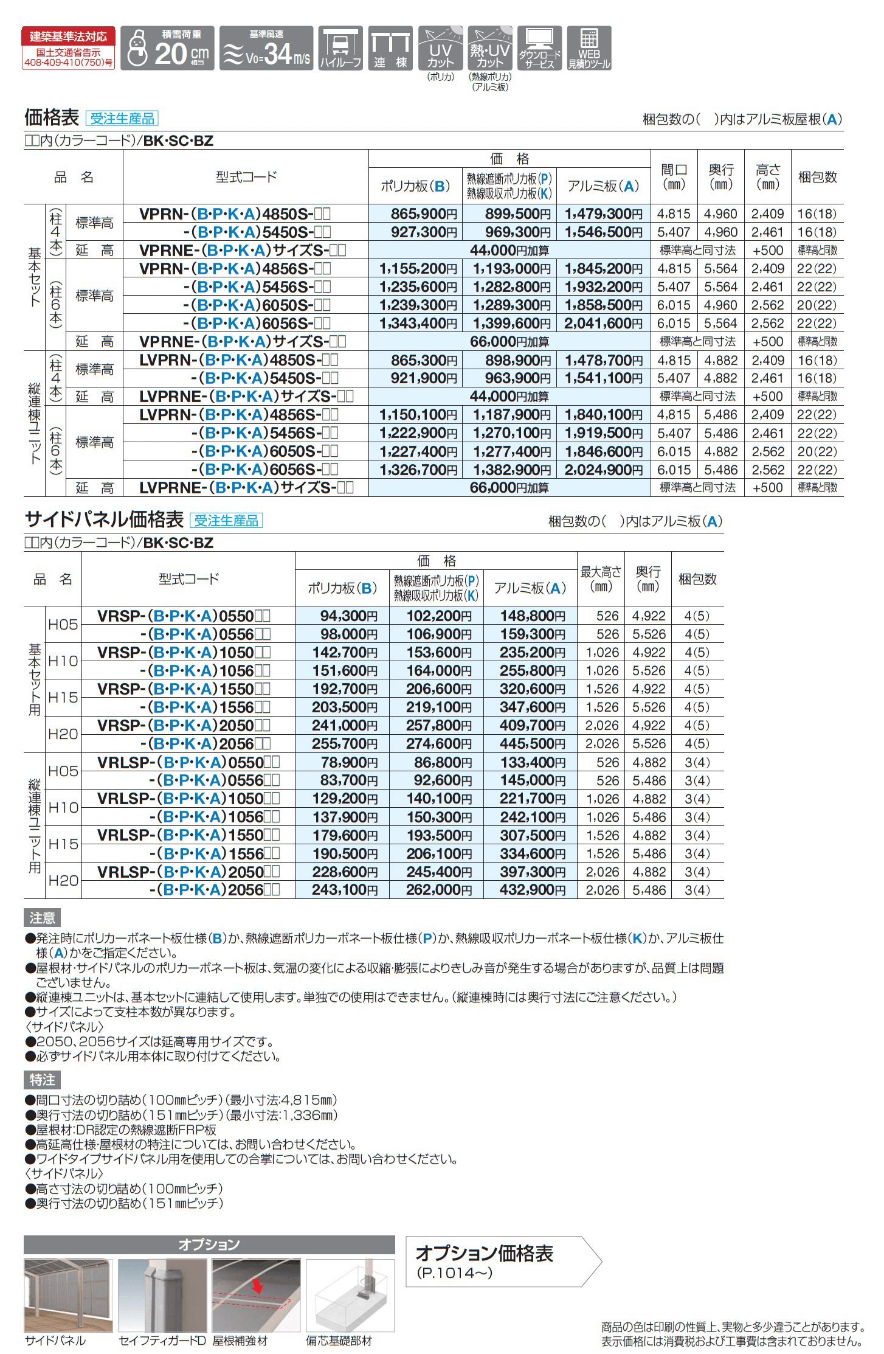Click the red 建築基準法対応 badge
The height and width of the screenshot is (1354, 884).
tap(68, 47)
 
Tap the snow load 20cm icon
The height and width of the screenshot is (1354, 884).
tap(167, 48)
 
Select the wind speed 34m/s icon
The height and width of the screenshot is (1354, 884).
tap(266, 48)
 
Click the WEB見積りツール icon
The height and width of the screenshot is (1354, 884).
tap(589, 48)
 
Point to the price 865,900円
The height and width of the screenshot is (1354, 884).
tap(424, 214)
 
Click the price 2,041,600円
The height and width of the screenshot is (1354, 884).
tap(603, 324)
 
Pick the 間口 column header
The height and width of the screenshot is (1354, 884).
tap(674, 176)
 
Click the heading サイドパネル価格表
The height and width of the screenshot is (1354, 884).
tap(104, 519)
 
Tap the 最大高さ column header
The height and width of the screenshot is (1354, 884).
tap(601, 578)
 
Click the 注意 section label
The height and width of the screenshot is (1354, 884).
tap(42, 918)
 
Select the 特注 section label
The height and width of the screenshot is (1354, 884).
tap(42, 1080)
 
